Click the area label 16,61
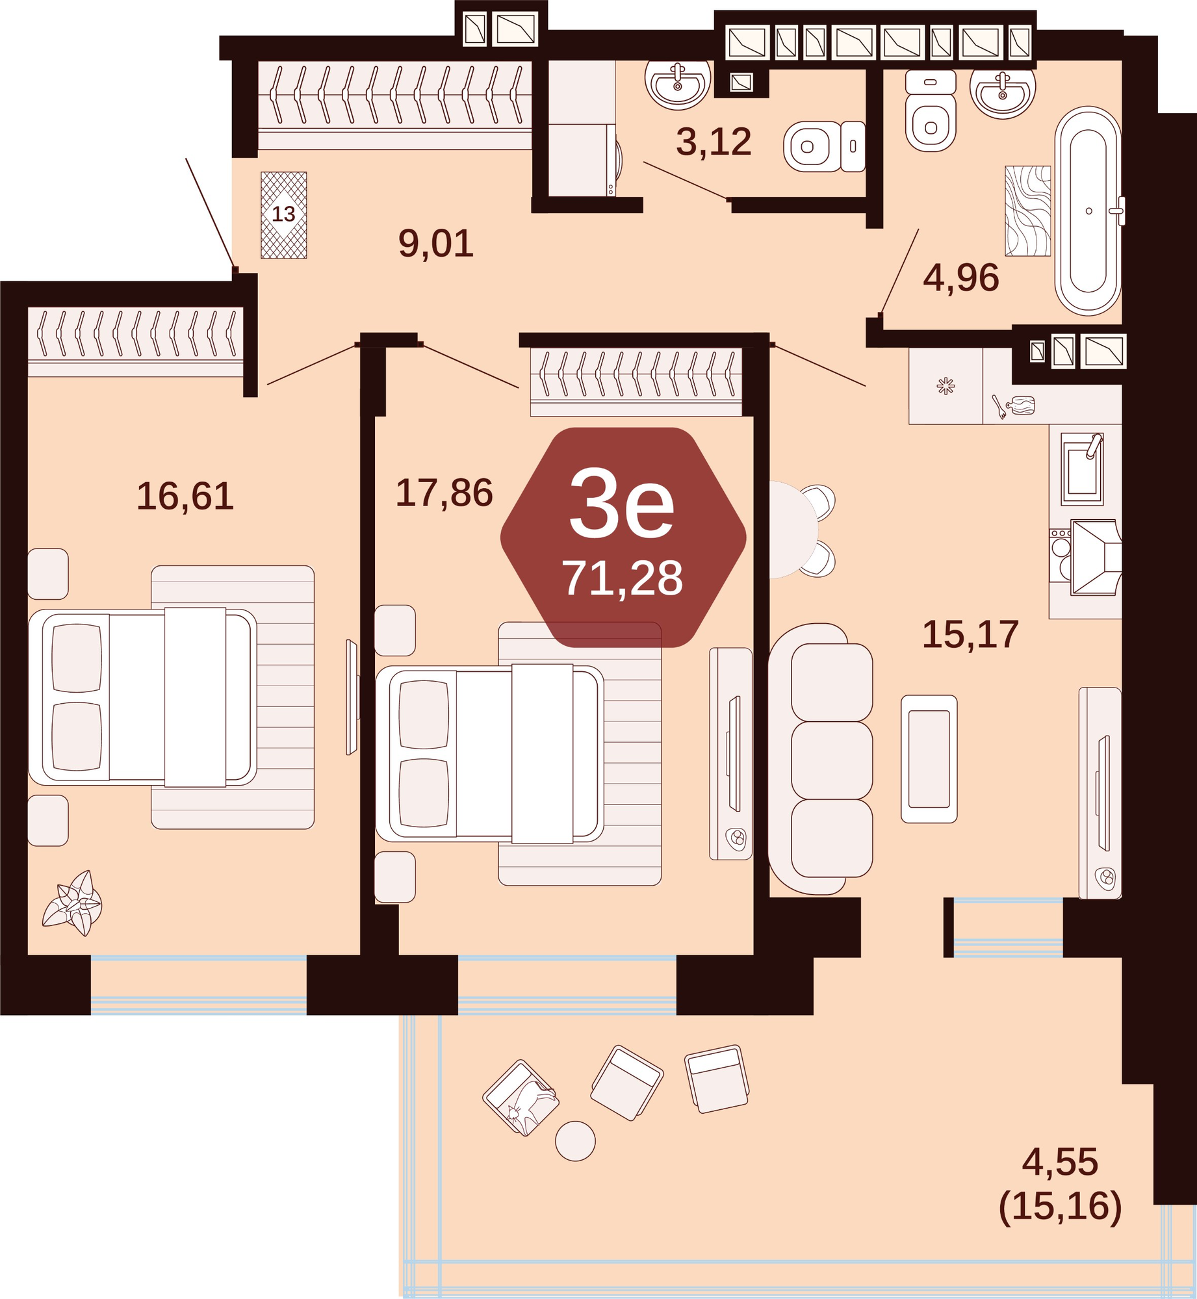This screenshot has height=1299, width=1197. point(185,496)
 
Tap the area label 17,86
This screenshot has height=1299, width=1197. point(444,493)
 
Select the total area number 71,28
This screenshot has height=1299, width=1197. point(623,578)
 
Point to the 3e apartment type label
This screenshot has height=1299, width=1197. point(622,504)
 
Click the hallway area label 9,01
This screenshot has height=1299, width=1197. point(436,244)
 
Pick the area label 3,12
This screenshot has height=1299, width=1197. point(714,141)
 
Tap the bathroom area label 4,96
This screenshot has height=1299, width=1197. point(961,277)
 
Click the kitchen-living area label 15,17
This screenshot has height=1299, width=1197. point(970,634)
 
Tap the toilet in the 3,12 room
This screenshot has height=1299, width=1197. point(825,146)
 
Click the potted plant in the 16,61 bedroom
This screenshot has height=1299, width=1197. point(72,903)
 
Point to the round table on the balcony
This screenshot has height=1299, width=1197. point(575,1141)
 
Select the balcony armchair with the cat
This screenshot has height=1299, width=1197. point(521,1098)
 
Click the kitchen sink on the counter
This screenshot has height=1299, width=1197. point(1082,469)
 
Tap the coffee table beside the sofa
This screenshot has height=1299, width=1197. point(929,759)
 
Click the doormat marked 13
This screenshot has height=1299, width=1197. point(284,215)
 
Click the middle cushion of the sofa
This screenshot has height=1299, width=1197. point(832,760)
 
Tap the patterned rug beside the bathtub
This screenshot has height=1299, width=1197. point(1027,211)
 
